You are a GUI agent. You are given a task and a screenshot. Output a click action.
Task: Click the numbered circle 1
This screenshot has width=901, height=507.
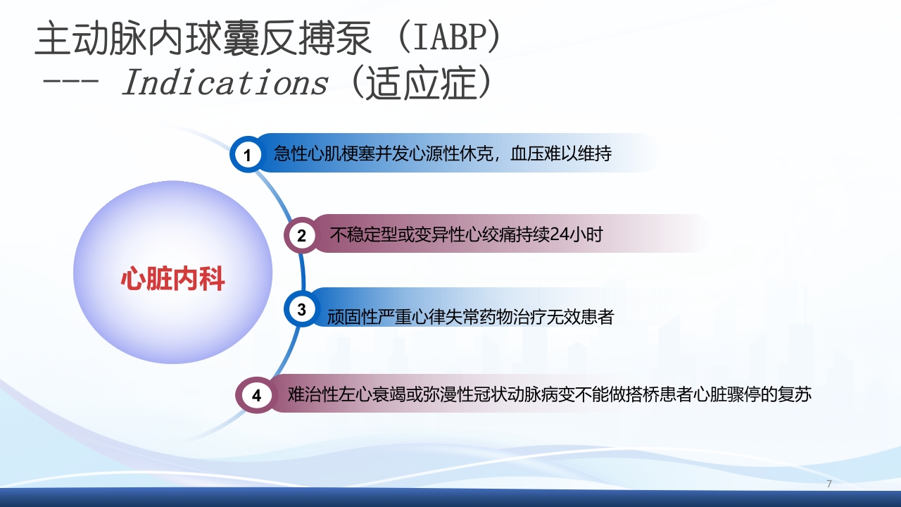(248, 154)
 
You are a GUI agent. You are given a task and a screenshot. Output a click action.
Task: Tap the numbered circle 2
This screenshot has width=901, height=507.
(301, 235)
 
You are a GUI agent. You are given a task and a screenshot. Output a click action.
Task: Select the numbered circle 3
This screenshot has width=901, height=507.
(301, 309)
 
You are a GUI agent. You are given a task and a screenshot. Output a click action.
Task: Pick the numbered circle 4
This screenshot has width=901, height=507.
(256, 395)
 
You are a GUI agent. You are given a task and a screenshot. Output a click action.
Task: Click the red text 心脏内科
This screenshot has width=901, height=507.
(172, 279)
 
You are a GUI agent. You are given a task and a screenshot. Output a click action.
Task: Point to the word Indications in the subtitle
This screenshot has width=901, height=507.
(225, 84)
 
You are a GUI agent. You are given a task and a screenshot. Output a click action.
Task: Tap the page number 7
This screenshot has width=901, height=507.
(829, 484)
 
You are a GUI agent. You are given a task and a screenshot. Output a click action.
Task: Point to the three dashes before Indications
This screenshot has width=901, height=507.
(73, 84)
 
